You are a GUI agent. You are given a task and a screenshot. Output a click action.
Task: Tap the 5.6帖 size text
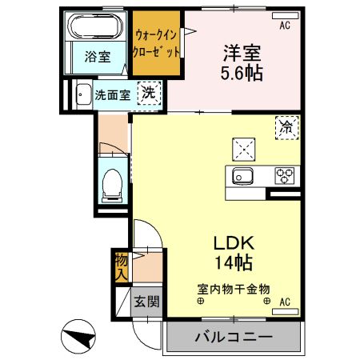click(x=242, y=73)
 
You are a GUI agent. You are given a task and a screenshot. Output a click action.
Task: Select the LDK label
click(x=233, y=242)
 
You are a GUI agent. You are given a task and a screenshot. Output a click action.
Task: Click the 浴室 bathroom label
click(x=97, y=57)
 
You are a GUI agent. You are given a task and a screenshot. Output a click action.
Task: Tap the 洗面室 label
click(x=113, y=94)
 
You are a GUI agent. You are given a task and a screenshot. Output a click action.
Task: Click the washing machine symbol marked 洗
click(x=149, y=93)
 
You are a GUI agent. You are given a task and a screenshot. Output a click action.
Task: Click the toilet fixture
click(x=112, y=184)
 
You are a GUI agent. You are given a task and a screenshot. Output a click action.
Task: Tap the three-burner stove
click(x=284, y=176)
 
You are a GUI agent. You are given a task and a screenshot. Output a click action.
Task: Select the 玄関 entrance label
click(x=146, y=302)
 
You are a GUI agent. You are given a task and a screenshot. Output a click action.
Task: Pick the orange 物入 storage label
click(x=121, y=266)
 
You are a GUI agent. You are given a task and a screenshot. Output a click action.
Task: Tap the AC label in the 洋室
click(x=286, y=26)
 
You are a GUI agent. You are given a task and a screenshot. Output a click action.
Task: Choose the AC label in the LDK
click(x=286, y=302)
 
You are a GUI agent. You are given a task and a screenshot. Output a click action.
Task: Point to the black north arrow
click(x=80, y=336)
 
